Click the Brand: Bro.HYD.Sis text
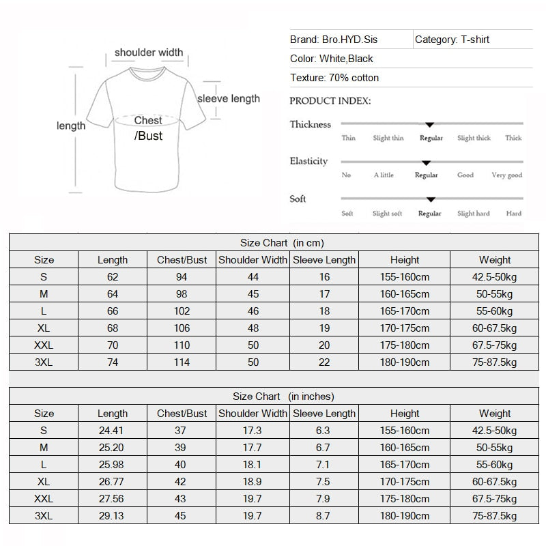pos(333,40)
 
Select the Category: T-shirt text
pos(452,40)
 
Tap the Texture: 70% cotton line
pos(334,78)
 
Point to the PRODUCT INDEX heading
pos(330,101)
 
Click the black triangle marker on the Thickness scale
pos(429,125)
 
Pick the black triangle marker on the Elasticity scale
pos(426,163)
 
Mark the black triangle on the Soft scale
pos(431,200)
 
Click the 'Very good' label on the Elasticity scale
pos(506,175)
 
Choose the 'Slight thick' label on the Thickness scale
pos(474,138)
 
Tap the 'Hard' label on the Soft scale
pos(514,214)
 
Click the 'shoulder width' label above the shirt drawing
pos(149,53)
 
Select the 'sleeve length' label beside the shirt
pos(229,99)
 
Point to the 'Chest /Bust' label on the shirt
pos(148,128)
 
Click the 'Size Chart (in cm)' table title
pos(282,243)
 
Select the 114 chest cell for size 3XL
pos(182,362)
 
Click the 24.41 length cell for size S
pos(112,431)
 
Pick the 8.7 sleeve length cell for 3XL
pos(324,516)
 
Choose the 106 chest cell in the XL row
pos(182,328)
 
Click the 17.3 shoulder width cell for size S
pos(253,431)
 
